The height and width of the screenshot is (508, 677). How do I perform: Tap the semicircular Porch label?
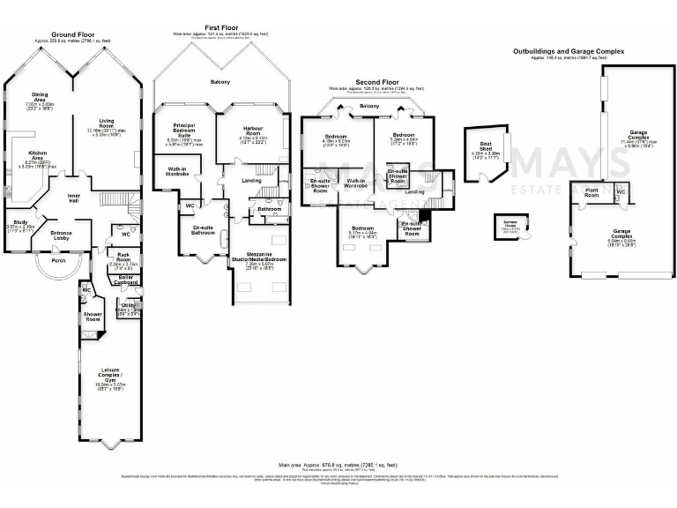pyautogui.click(x=58, y=259)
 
